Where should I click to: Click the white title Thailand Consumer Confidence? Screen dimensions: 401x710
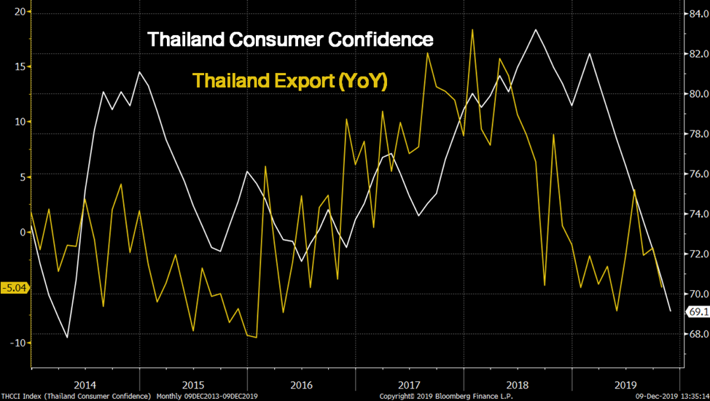(x=290, y=39)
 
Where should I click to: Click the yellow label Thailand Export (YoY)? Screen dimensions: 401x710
(x=289, y=80)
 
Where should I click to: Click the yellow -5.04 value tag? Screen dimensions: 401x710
(x=15, y=287)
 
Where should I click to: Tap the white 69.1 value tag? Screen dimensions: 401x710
(x=698, y=312)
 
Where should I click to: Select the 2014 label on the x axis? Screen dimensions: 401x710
(x=85, y=384)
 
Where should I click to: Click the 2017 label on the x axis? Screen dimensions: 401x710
(x=409, y=384)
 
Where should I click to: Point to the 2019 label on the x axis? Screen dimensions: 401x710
(x=625, y=384)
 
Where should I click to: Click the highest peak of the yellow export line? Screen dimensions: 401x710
(x=473, y=30)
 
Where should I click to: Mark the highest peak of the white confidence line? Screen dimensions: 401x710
(x=536, y=30)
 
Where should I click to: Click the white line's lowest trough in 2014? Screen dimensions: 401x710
(x=67, y=338)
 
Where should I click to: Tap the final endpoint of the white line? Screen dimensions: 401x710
(x=671, y=311)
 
